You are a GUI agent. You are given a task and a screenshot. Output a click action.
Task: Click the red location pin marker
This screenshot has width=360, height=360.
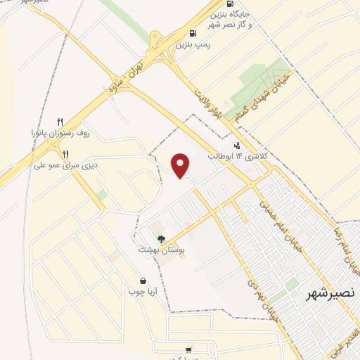pyautogui.click(x=181, y=165)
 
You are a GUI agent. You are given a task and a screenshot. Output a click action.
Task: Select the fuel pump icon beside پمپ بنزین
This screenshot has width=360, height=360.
pyautogui.click(x=193, y=32)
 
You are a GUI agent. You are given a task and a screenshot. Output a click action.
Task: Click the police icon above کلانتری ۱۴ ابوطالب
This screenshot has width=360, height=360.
pyautogui.click(x=236, y=146)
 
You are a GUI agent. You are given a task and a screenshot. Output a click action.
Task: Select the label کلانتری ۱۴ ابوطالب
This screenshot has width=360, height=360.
pyautogui.click(x=232, y=157)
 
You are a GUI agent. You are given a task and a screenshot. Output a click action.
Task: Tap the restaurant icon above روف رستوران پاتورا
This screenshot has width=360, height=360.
pyautogui.click(x=60, y=121)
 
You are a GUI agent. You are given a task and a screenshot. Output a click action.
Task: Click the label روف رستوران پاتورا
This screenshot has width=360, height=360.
pyautogui.click(x=61, y=132)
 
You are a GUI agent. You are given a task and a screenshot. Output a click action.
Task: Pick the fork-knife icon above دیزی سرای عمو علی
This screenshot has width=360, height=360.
pyautogui.click(x=65, y=154)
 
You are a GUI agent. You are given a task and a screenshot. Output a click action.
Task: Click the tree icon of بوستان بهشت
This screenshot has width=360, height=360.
pyautogui.click(x=162, y=239)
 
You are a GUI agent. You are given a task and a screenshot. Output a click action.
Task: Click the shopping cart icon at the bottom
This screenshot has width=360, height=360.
pyautogui.click(x=188, y=349)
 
